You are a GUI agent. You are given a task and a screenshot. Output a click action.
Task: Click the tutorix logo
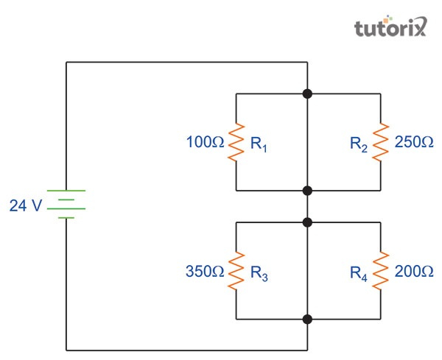tap(390, 28)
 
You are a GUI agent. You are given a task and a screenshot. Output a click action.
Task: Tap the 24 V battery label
tap(26, 206)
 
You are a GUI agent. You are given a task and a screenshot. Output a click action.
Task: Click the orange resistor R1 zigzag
tap(236, 142)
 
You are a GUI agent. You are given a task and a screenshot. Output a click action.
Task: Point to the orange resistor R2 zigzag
tap(380, 142)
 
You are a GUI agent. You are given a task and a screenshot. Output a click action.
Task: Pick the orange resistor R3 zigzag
tap(236, 270)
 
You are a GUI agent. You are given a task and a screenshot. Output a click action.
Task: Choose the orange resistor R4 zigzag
tap(380, 270)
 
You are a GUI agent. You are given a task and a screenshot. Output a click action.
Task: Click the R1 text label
tap(259, 144)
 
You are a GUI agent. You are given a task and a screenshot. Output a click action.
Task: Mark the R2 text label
tap(359, 144)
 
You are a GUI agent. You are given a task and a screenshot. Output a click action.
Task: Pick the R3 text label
tap(259, 272)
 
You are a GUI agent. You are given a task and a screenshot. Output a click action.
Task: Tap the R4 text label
tap(359, 272)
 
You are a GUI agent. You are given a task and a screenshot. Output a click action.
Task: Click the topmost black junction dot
tap(307, 93)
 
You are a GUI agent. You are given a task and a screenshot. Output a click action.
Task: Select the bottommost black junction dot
tap(307, 319)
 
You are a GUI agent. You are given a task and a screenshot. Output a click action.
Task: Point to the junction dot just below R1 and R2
tap(307, 191)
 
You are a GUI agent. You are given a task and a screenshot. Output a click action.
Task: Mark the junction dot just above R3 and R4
tap(307, 222)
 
